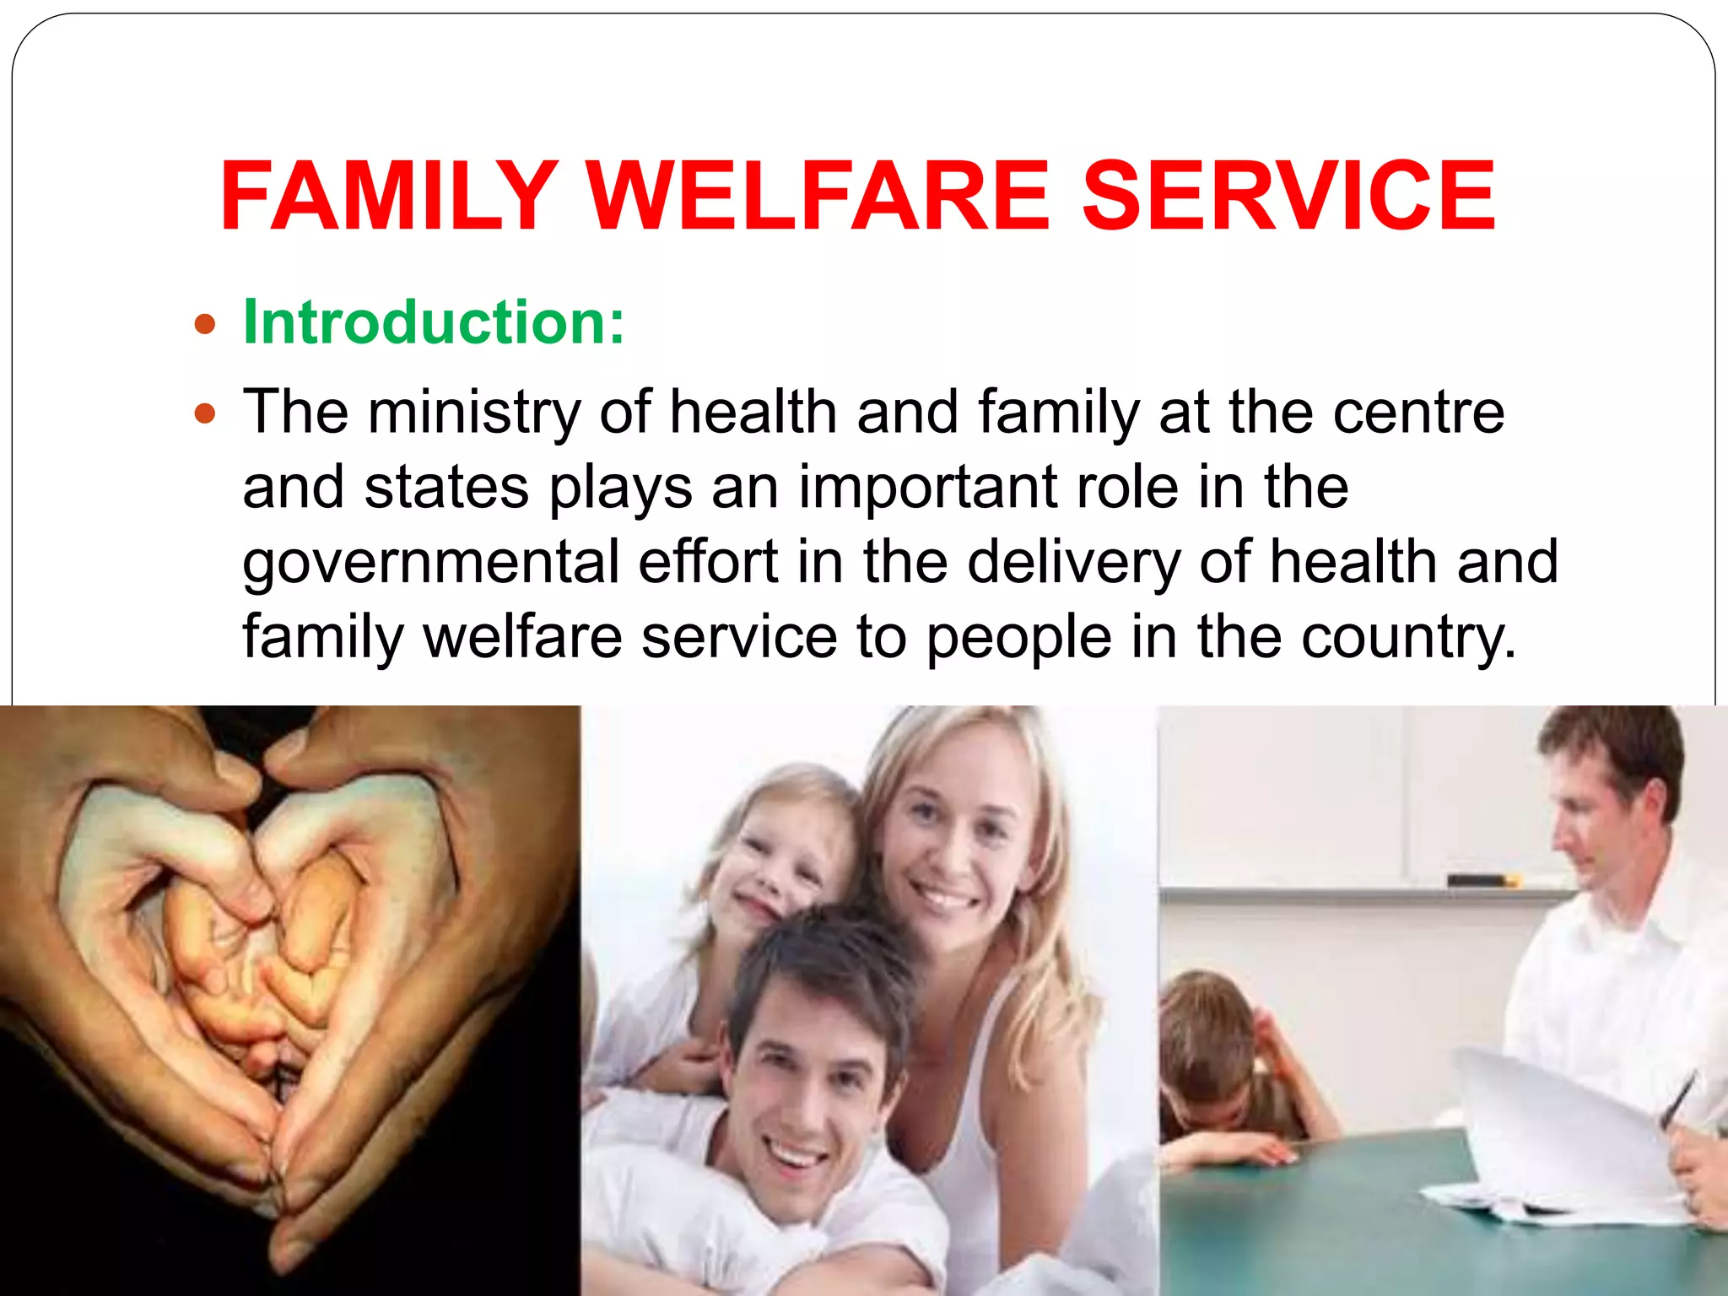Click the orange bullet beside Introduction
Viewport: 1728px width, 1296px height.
(205, 324)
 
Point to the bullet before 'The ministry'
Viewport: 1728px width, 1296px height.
(205, 413)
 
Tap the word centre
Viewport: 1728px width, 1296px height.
(1418, 413)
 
